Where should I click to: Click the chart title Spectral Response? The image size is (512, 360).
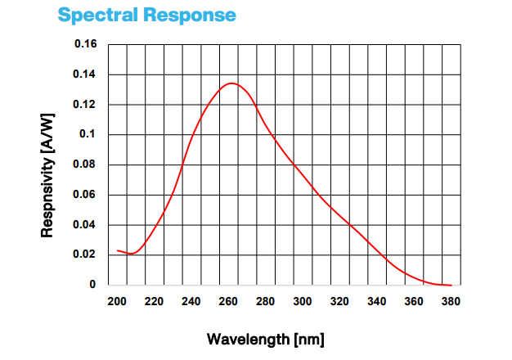(x=146, y=15)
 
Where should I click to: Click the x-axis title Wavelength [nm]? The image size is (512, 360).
(x=272, y=339)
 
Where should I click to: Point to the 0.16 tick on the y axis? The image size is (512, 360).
(x=86, y=43)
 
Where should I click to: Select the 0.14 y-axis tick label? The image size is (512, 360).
(x=86, y=74)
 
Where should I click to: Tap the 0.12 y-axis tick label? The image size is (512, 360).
(x=86, y=105)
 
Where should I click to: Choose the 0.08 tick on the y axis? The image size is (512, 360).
(x=86, y=164)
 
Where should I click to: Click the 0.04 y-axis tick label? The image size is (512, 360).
(x=86, y=225)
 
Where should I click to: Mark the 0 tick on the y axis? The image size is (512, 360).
(x=92, y=285)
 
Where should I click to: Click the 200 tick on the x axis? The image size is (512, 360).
(x=117, y=301)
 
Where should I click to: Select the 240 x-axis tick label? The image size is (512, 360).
(x=191, y=301)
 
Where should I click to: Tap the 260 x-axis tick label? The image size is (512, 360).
(x=228, y=301)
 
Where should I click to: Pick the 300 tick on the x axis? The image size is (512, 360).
(x=303, y=301)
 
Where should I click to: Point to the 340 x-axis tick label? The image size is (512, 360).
(x=376, y=301)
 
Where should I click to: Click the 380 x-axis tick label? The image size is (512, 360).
(x=451, y=301)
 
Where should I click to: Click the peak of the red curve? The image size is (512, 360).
(x=231, y=83)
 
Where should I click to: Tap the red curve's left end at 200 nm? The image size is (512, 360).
(x=118, y=250)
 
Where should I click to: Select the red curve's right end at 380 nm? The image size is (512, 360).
(x=451, y=285)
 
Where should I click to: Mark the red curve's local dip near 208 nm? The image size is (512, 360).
(x=132, y=254)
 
